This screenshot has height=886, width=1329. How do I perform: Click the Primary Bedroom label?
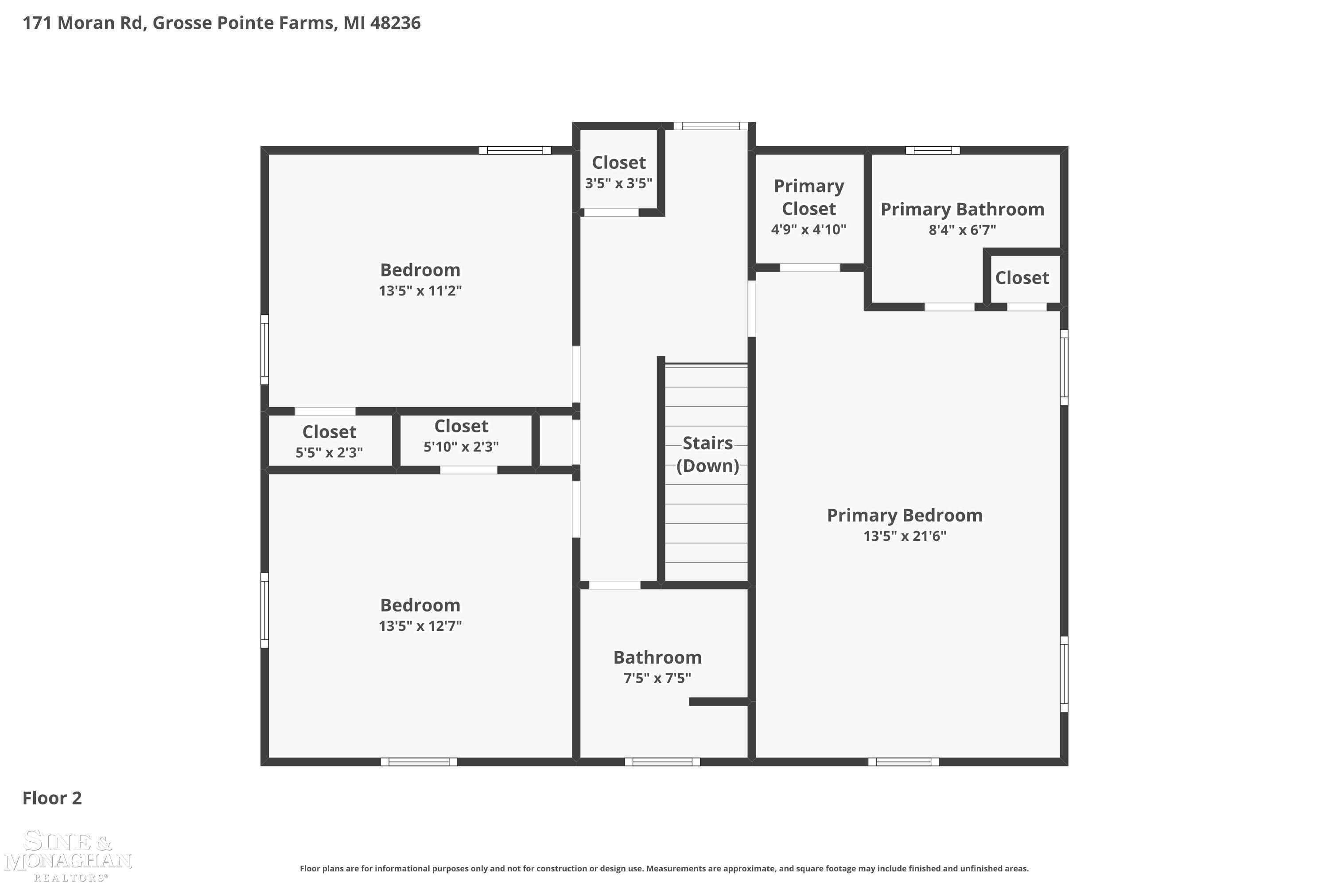(x=905, y=515)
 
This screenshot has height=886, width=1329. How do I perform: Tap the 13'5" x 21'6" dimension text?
(x=905, y=536)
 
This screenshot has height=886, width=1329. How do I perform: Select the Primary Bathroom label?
(x=962, y=209)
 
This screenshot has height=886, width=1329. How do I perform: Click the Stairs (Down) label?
(x=708, y=455)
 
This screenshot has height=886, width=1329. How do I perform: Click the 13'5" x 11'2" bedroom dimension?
(x=420, y=291)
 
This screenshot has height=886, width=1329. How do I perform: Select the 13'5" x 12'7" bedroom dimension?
(x=420, y=626)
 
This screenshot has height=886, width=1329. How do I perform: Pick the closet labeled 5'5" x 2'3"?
(x=330, y=440)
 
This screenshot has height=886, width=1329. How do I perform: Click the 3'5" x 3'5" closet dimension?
(x=619, y=183)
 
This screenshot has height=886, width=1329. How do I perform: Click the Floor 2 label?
(x=52, y=798)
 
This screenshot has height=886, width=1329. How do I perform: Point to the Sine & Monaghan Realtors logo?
(x=68, y=855)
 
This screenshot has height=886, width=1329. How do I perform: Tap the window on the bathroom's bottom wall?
(x=662, y=762)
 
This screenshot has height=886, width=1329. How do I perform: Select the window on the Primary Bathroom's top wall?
(x=933, y=150)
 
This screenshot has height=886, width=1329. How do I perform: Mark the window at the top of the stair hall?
(x=711, y=126)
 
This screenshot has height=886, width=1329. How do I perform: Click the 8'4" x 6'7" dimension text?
(x=962, y=230)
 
